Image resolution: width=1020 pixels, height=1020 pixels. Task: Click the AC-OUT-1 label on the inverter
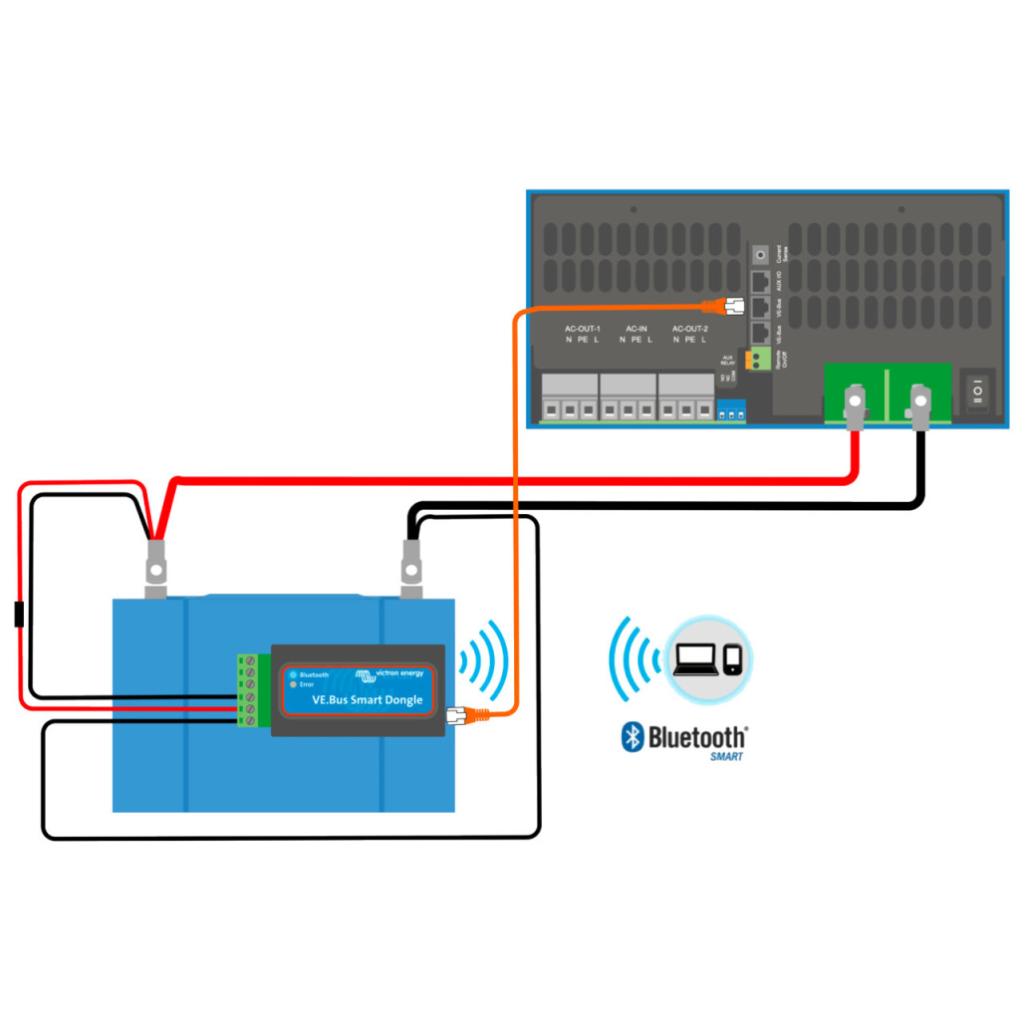tap(582, 328)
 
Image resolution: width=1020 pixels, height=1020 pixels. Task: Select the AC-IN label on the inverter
tap(637, 328)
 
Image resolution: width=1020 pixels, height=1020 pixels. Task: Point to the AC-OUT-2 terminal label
tap(689, 328)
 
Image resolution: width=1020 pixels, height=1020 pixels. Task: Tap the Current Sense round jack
tap(762, 254)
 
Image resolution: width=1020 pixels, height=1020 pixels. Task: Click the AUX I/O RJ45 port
tap(762, 282)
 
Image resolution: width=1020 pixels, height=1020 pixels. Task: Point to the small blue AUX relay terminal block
tap(730, 410)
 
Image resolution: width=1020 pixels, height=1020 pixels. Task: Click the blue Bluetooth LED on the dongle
tap(293, 674)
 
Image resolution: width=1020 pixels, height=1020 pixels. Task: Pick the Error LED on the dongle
tap(293, 685)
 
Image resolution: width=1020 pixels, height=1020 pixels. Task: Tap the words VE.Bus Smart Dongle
tap(367, 700)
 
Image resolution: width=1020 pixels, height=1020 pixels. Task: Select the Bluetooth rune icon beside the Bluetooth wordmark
tap(631, 736)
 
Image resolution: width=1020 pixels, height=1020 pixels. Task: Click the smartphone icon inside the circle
tap(732, 660)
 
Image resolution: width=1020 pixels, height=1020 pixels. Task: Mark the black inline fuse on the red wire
tap(19, 615)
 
